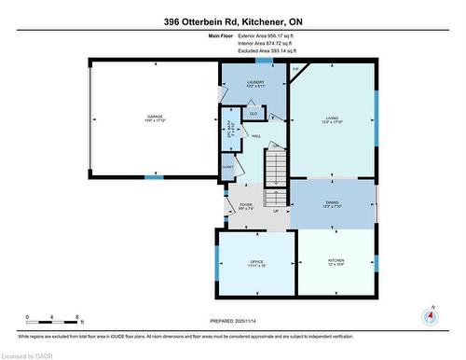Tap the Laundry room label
[x=254, y=84]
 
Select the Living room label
[x=332, y=120]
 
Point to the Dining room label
[x=332, y=204]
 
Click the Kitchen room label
[x=335, y=264]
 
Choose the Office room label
[x=255, y=264]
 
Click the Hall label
[x=255, y=135]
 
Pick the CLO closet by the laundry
[x=253, y=114]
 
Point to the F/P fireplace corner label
[x=295, y=70]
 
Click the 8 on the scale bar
[x=75, y=317]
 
